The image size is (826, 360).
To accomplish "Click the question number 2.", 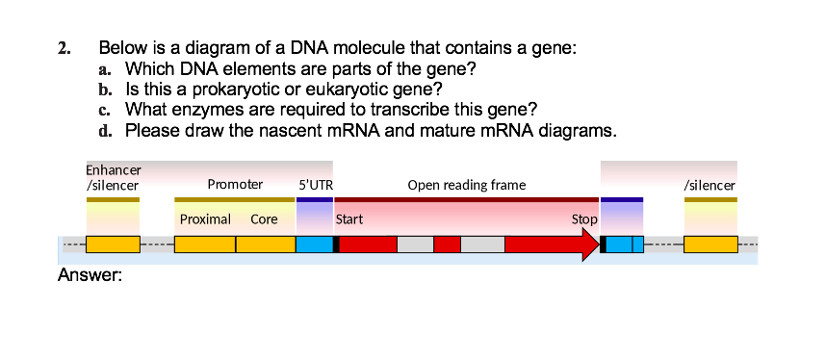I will point(64,49).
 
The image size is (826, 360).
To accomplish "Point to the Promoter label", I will point(235,184).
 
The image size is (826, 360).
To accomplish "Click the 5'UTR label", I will point(316,184).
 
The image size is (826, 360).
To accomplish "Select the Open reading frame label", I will point(467,184).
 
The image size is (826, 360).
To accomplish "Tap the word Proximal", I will point(205,219).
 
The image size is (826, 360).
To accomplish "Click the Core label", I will point(264,219).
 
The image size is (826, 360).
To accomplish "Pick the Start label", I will point(348,219).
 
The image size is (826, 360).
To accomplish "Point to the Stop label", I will point(584,219).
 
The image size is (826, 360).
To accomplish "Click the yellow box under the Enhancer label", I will point(113,244).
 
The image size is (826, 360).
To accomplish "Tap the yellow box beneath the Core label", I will point(266,244).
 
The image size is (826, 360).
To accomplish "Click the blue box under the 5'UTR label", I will point(314,244).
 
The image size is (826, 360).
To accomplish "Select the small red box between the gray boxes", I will point(447,244).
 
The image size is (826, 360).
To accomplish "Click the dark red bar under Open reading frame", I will point(466,199).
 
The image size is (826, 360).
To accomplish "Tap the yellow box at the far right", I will point(710,244).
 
